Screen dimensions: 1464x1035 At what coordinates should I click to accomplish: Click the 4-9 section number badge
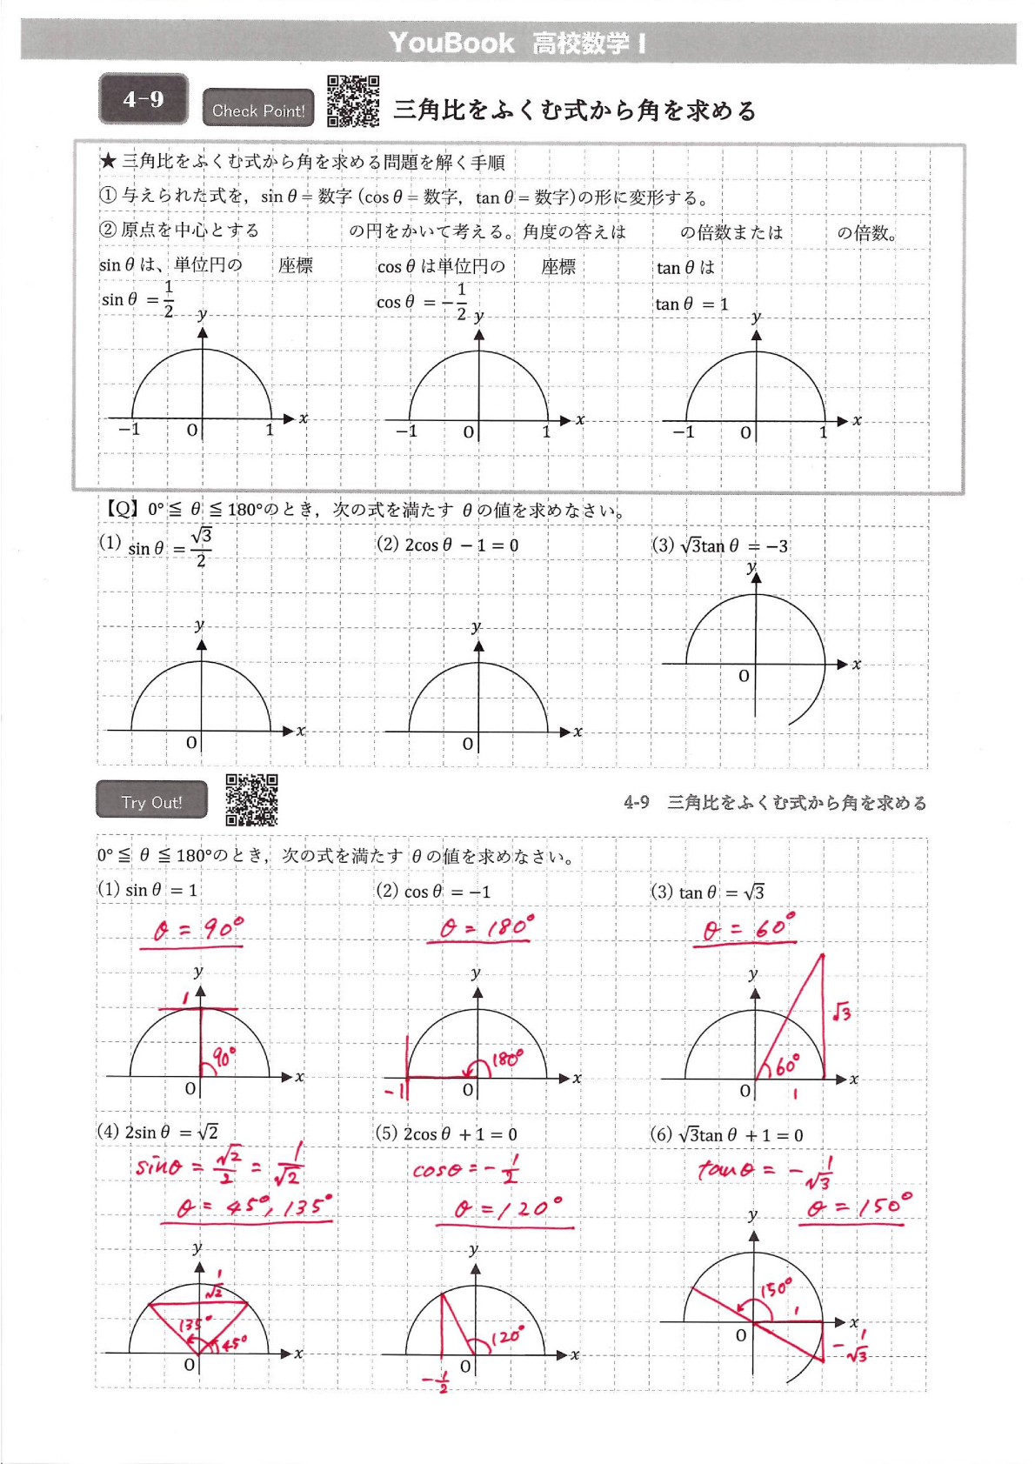point(144,99)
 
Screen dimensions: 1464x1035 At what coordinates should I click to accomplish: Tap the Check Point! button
point(258,110)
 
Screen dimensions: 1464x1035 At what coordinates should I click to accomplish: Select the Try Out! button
point(151,801)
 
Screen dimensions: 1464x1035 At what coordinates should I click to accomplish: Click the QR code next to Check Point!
point(353,102)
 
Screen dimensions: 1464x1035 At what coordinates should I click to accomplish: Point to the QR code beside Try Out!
point(251,799)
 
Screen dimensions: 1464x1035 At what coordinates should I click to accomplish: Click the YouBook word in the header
point(451,43)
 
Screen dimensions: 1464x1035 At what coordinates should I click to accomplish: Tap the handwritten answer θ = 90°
point(197,930)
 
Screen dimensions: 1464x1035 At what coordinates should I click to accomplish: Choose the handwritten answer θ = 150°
point(858,1207)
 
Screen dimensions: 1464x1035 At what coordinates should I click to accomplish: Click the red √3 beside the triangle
point(841,1012)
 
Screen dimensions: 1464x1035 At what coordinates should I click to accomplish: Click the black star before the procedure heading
point(108,161)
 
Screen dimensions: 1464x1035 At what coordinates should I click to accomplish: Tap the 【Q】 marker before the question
point(120,509)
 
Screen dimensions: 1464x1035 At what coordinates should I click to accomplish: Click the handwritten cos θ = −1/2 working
point(466,1170)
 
